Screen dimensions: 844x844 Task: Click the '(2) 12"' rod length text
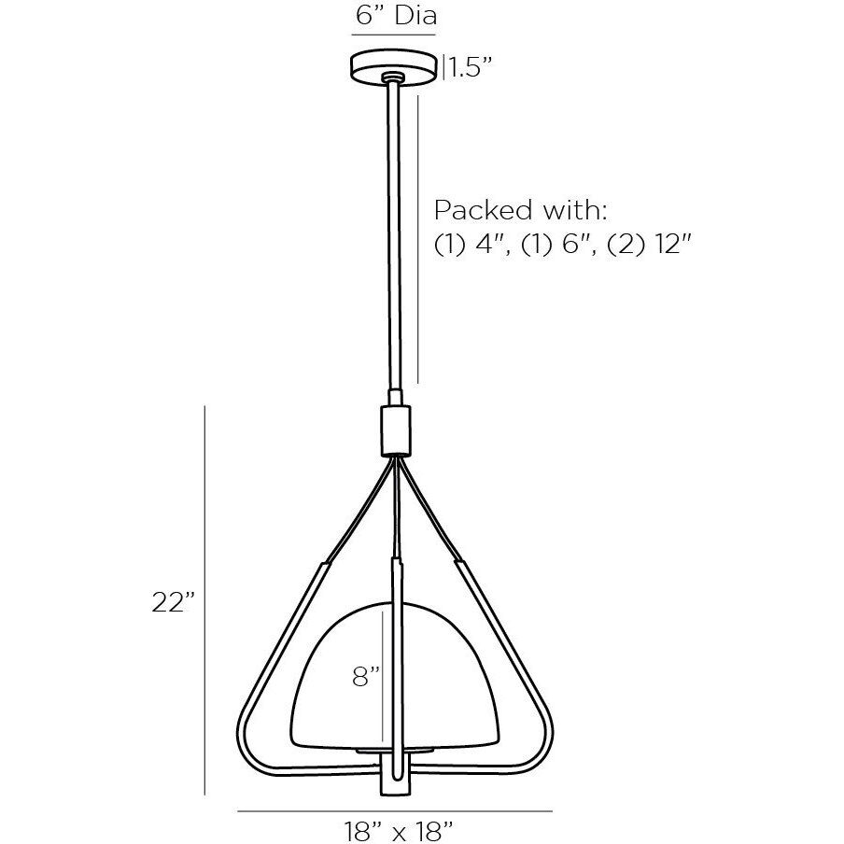pyautogui.click(x=648, y=244)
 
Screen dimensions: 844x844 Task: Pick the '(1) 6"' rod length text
pyautogui.click(x=555, y=244)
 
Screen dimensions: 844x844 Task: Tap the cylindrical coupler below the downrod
pyautogui.click(x=395, y=429)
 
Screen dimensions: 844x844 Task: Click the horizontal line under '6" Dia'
pyautogui.click(x=394, y=35)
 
